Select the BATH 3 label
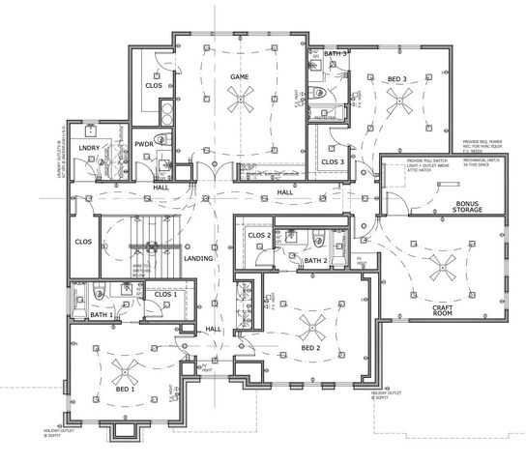[x=336, y=53]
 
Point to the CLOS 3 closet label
[x=333, y=161]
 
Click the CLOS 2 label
[x=258, y=235]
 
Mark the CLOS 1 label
[x=165, y=292]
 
